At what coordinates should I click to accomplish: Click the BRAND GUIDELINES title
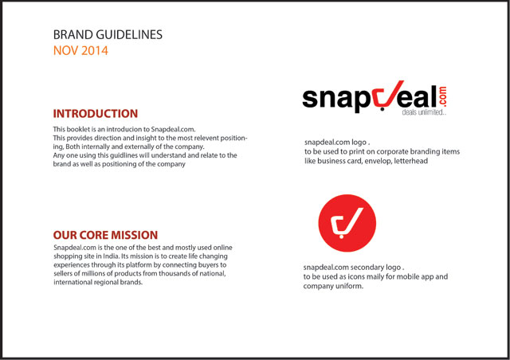[x=108, y=34]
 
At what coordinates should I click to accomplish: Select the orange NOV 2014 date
[x=80, y=51]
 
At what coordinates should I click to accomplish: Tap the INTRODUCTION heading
[x=96, y=114]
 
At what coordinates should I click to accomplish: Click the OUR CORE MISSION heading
[x=105, y=235]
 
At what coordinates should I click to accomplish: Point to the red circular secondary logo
[x=347, y=223]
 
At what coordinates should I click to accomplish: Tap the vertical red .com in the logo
[x=442, y=96]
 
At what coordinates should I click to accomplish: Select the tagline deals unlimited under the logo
[x=424, y=112]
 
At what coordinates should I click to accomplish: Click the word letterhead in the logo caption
[x=411, y=161]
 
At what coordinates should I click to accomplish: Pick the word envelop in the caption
[x=378, y=161]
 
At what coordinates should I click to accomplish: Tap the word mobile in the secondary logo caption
[x=408, y=276]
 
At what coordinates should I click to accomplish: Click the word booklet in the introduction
[x=78, y=129]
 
